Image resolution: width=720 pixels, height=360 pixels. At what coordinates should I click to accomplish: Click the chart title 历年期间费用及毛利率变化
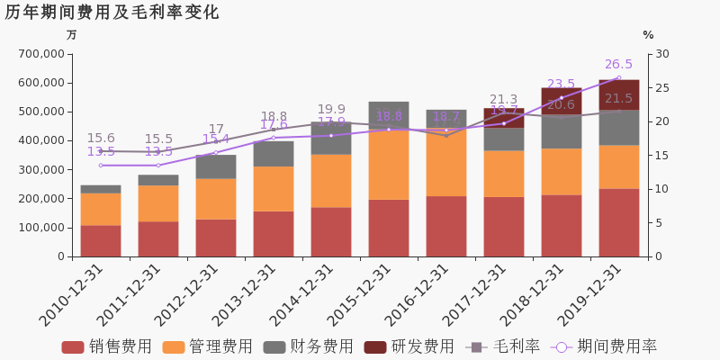(112, 13)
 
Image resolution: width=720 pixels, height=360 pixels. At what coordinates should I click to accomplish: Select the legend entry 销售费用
(107, 346)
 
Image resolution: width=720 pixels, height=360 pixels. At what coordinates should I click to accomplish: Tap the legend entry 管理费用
(208, 346)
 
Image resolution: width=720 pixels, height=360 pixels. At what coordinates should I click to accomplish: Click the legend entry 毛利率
(503, 346)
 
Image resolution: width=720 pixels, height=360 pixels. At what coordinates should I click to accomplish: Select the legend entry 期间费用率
(605, 346)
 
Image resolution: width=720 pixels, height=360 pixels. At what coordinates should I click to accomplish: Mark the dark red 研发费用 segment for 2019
(619, 94)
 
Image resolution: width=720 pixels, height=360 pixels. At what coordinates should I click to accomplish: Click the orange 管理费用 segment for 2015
(389, 165)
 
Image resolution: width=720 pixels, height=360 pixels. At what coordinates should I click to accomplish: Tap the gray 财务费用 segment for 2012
(216, 166)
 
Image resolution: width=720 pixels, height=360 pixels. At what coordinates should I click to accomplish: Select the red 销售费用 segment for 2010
(101, 240)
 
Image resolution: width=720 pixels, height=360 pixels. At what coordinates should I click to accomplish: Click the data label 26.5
(618, 65)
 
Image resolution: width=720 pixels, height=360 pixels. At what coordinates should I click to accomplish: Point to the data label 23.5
(561, 85)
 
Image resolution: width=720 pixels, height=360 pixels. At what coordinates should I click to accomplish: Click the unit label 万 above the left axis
(72, 35)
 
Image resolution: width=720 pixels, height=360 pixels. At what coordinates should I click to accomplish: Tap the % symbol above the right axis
(648, 35)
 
